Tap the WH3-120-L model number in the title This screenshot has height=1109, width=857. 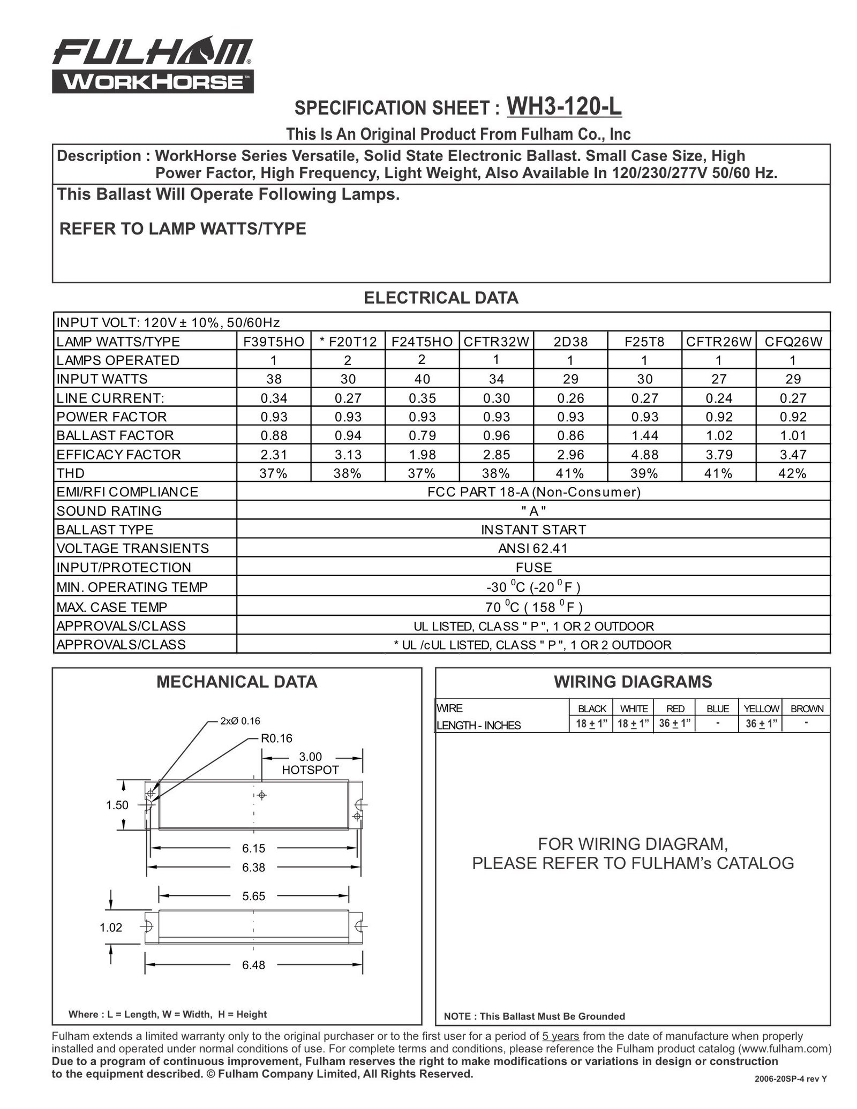(x=563, y=106)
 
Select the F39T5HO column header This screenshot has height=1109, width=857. (x=274, y=341)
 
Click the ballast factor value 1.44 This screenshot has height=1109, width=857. (x=644, y=435)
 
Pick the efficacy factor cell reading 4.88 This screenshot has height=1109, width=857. (x=644, y=455)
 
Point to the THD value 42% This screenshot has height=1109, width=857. (x=793, y=473)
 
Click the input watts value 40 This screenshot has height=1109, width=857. (x=422, y=379)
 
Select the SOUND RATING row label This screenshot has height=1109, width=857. (x=109, y=511)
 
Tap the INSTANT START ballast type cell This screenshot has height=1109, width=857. (x=533, y=530)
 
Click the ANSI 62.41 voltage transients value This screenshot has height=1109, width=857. (x=533, y=548)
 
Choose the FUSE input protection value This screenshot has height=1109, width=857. (x=533, y=568)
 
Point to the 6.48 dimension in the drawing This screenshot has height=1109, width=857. (x=253, y=965)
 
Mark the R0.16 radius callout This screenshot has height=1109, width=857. (x=276, y=738)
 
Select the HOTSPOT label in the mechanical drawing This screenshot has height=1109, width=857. (x=310, y=770)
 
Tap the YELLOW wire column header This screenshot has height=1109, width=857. (x=761, y=708)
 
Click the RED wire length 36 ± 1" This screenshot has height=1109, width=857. (x=675, y=724)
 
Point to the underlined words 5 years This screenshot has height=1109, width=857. (x=560, y=1036)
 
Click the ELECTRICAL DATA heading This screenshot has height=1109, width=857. (x=441, y=298)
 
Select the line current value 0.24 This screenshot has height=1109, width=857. (x=718, y=398)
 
